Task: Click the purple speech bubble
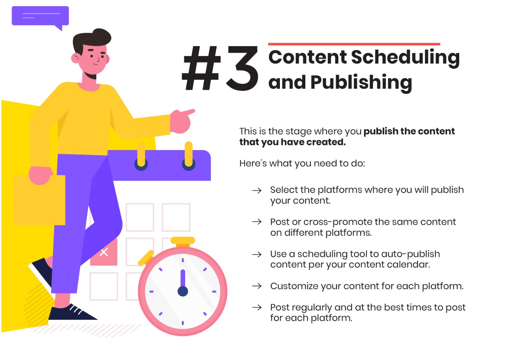[40, 16]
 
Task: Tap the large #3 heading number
[220, 68]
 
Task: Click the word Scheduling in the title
[406, 58]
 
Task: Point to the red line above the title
[354, 44]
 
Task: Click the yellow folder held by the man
[39, 200]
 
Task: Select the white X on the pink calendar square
[104, 252]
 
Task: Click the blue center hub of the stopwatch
[183, 291]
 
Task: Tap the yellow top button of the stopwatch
[183, 241]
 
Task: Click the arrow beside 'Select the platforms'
[257, 191]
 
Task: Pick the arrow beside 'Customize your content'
[257, 286]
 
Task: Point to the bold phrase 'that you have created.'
[292, 142]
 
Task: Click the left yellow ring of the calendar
[141, 155]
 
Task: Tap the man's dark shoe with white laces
[71, 313]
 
